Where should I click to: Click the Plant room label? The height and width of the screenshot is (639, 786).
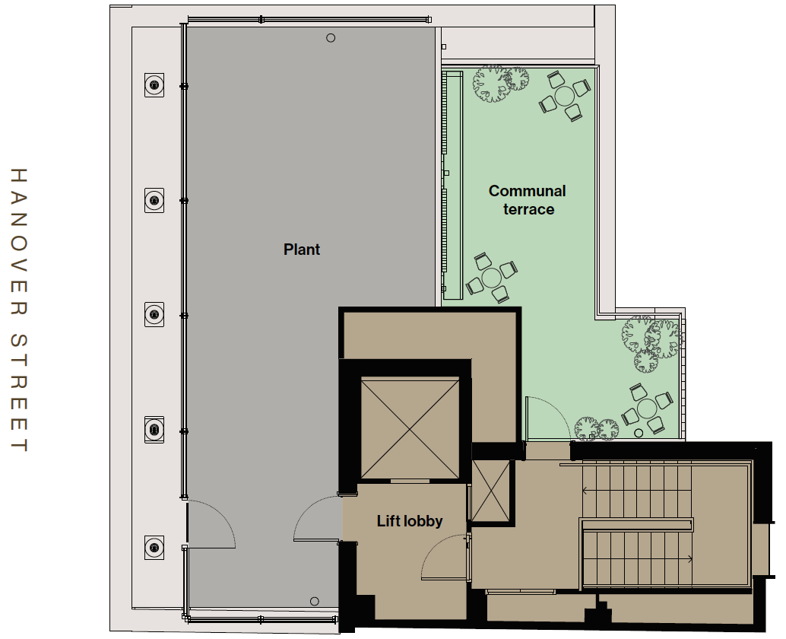[301, 250]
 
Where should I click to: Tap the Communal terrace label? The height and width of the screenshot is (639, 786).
[528, 199]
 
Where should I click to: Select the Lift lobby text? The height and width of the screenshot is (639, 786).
[410, 521]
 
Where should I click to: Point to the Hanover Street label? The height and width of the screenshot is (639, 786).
[18, 310]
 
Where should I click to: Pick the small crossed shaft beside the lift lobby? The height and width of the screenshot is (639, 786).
[491, 491]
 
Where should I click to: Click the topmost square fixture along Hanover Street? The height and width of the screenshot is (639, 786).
[154, 84]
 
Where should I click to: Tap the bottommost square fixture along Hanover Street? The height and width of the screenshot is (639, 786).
[154, 547]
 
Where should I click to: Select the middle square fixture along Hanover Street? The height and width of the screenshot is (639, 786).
[154, 314]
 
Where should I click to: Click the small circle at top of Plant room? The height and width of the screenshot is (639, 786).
[331, 37]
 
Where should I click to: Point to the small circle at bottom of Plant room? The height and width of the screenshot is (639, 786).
[314, 602]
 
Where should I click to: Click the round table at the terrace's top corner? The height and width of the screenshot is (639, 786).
[565, 96]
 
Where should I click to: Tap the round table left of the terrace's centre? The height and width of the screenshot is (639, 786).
[491, 278]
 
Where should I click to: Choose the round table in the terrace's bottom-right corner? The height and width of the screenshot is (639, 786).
[647, 409]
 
